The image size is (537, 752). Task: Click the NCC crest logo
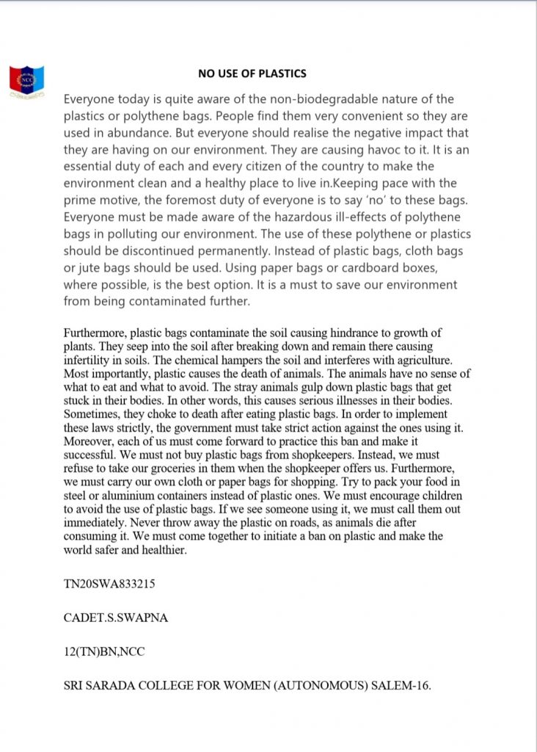(26, 82)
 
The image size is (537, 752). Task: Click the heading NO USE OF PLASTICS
(252, 73)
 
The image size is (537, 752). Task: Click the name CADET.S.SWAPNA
(116, 618)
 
